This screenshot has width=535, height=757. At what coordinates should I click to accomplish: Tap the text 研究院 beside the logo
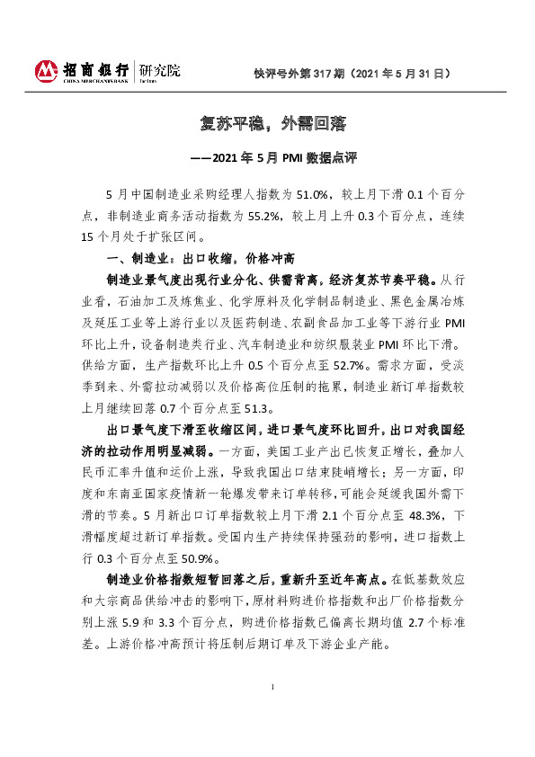click(159, 68)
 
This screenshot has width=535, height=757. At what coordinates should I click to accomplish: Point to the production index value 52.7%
click(330, 366)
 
